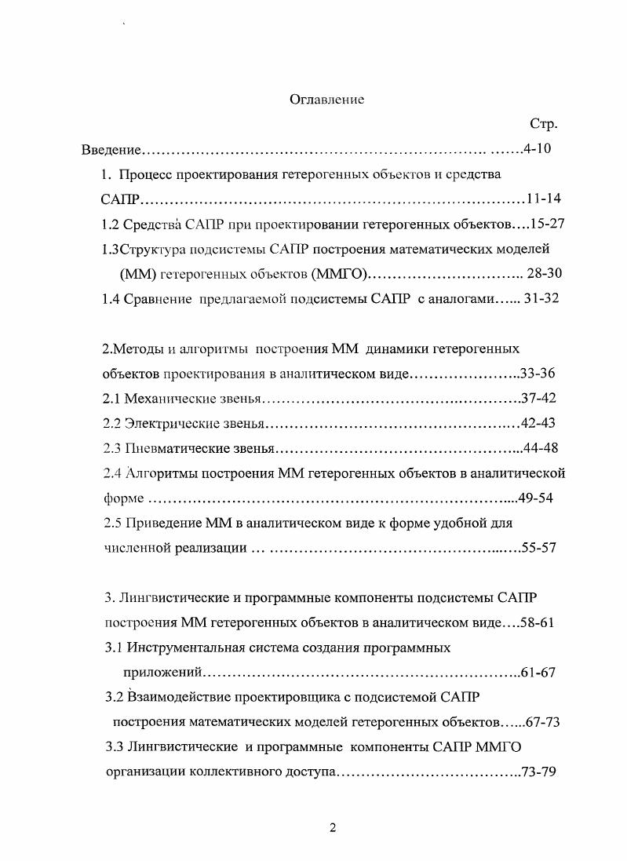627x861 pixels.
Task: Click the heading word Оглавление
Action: [x=327, y=100]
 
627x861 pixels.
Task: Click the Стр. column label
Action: [x=544, y=124]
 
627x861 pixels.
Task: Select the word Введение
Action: [x=111, y=149]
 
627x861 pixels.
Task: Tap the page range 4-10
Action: [x=540, y=149]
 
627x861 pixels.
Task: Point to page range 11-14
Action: [x=544, y=198]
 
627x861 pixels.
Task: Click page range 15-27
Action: [x=548, y=223]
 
